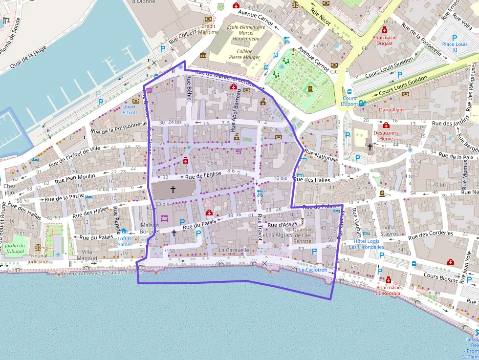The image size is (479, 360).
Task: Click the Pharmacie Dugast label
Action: [x=384, y=40]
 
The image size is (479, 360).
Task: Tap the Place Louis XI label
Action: [x=455, y=47]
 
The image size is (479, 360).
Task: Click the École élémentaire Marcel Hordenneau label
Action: [x=246, y=33]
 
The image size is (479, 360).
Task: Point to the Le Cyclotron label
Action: [x=313, y=270]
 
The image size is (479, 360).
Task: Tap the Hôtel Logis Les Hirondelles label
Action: [x=367, y=244]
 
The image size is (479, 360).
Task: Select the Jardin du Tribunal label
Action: [x=15, y=248]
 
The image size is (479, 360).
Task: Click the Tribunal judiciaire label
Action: [x=38, y=258]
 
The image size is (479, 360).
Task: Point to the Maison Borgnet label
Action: [x=150, y=228]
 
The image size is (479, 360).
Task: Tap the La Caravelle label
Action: [x=234, y=250]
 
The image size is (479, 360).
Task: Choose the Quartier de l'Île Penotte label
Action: [x=302, y=235]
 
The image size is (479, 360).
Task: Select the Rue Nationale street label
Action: [x=321, y=156]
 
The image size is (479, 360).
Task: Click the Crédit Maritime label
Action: [x=208, y=29]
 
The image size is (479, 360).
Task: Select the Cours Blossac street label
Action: [x=441, y=277]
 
